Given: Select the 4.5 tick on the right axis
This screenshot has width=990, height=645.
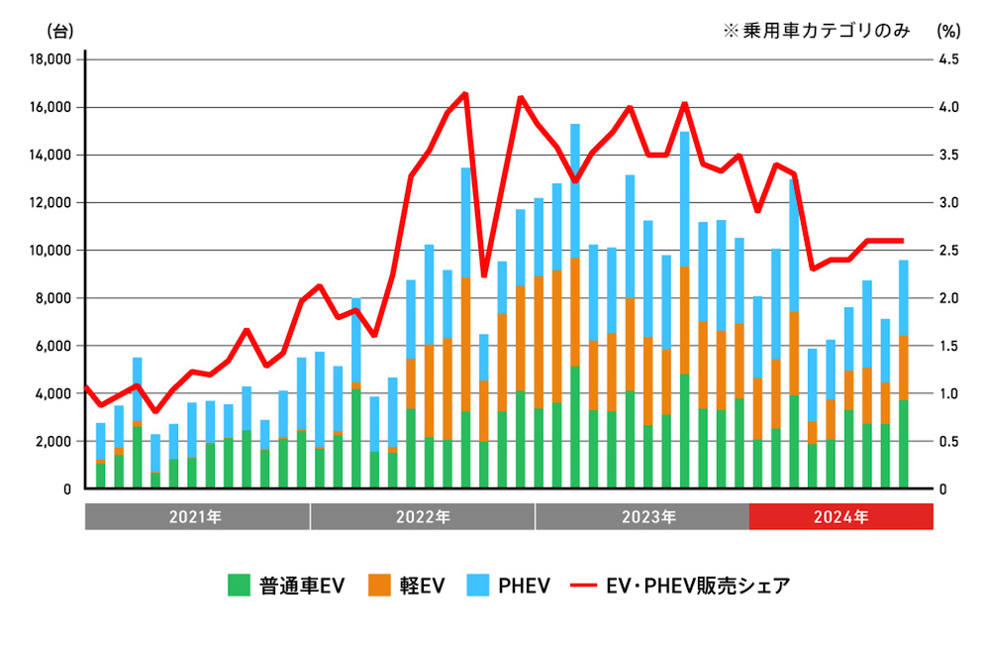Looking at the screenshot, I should coord(949,59).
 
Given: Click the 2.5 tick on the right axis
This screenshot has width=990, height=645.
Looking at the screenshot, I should coord(949,251).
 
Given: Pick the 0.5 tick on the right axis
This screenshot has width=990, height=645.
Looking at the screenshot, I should coord(949,441).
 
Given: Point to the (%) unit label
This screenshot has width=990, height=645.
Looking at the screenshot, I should coord(949,30).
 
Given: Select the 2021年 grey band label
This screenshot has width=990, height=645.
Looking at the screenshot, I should coord(197,517).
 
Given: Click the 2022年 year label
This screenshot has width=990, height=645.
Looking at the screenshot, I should coord(423,517).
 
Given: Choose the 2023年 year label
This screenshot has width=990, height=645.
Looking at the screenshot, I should coord(648,517).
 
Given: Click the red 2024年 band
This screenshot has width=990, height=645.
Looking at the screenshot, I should coord(841,517).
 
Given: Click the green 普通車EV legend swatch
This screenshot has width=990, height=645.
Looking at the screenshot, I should coord(239,586).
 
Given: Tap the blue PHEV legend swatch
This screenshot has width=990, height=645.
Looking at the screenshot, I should coord(479,586).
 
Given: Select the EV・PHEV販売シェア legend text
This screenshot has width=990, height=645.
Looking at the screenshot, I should coord(698,586).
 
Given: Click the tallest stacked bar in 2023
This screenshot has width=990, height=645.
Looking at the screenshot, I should coord(574,307).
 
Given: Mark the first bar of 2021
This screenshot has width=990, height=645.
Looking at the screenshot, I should coord(100,456).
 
